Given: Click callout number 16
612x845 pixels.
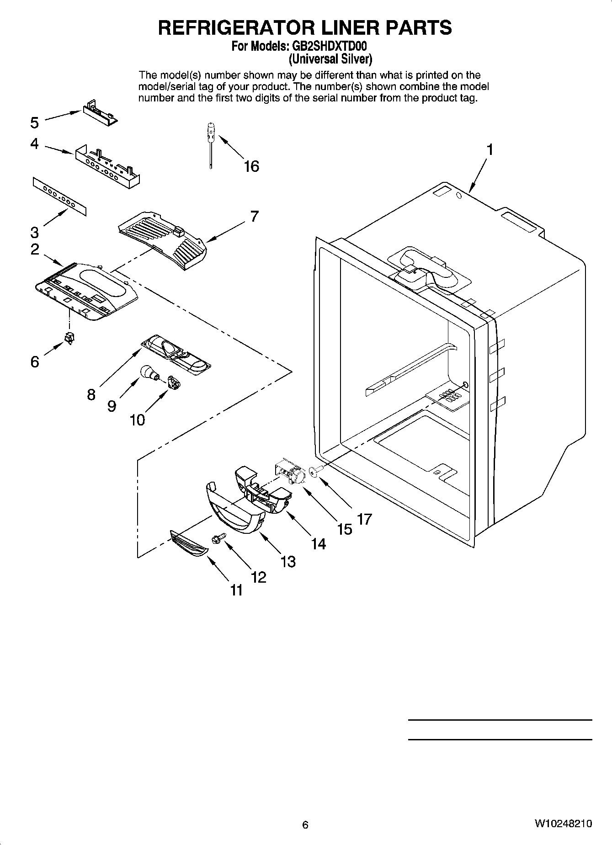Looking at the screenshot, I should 251,166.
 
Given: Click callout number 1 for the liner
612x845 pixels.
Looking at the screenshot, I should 490,149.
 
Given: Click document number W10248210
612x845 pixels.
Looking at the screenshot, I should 563,824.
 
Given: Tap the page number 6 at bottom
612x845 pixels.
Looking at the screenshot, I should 305,825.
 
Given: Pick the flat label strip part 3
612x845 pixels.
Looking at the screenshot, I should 59,196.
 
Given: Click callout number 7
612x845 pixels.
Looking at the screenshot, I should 254,216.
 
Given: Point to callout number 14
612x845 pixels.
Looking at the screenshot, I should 318,544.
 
